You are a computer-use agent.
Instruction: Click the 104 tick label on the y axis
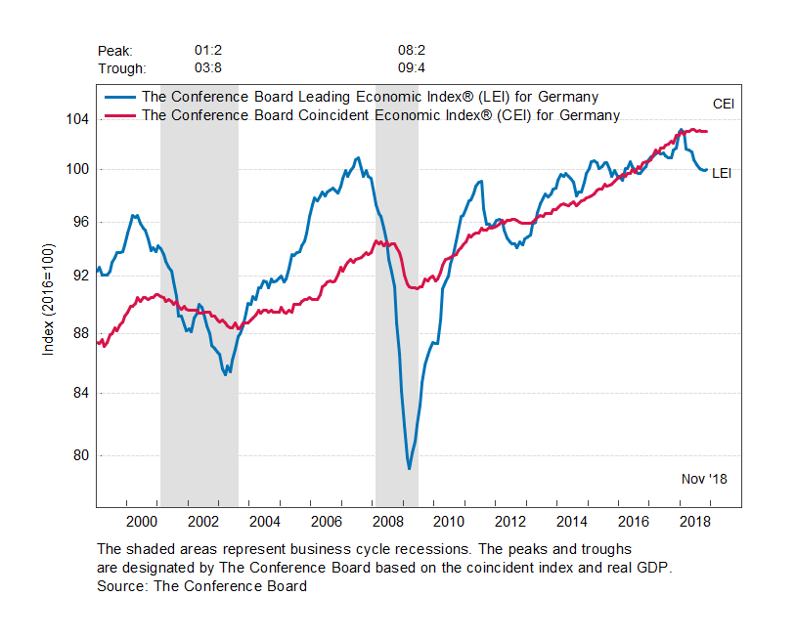click(77, 119)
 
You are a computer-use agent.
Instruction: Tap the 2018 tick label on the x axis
click(695, 520)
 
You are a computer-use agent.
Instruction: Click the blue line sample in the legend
click(121, 98)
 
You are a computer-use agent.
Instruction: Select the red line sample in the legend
click(121, 115)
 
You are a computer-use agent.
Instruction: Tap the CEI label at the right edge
click(723, 104)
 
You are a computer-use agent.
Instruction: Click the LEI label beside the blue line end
click(722, 173)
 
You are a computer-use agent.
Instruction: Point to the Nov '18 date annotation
click(704, 479)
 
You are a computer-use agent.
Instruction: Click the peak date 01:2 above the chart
click(208, 50)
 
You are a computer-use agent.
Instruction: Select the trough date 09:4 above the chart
click(411, 68)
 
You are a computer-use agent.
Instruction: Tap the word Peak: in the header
click(115, 50)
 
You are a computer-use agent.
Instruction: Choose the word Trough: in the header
click(122, 68)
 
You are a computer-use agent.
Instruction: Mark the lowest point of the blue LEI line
click(409, 469)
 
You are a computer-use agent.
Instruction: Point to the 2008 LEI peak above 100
click(357, 157)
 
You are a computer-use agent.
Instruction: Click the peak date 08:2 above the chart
click(411, 50)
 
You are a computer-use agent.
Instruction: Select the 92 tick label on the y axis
click(80, 276)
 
